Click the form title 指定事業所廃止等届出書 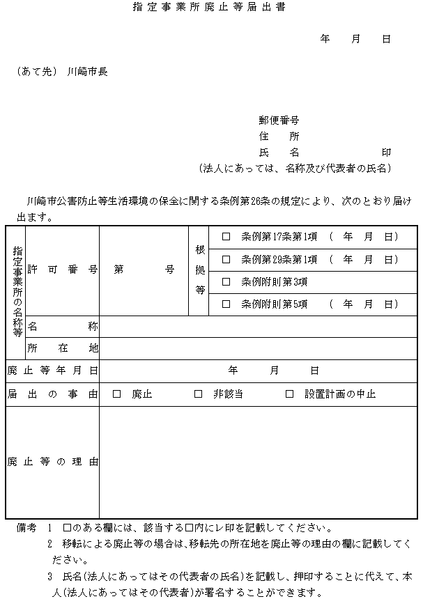point(209,8)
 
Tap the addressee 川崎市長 point(88,71)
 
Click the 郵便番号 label point(279,120)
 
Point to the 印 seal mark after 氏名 point(386,151)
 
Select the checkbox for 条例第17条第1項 point(226,237)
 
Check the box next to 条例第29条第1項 point(226,259)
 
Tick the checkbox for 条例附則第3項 point(226,281)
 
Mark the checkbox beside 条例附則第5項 point(226,304)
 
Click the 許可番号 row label point(62,270)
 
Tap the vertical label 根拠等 point(199,270)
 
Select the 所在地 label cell point(62,348)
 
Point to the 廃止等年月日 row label point(52,371)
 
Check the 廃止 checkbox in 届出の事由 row point(116,394)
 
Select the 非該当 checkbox point(198,394)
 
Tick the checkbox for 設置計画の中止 point(290,394)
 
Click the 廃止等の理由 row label point(52,462)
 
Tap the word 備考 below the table point(26,528)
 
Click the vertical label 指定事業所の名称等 point(17,292)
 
